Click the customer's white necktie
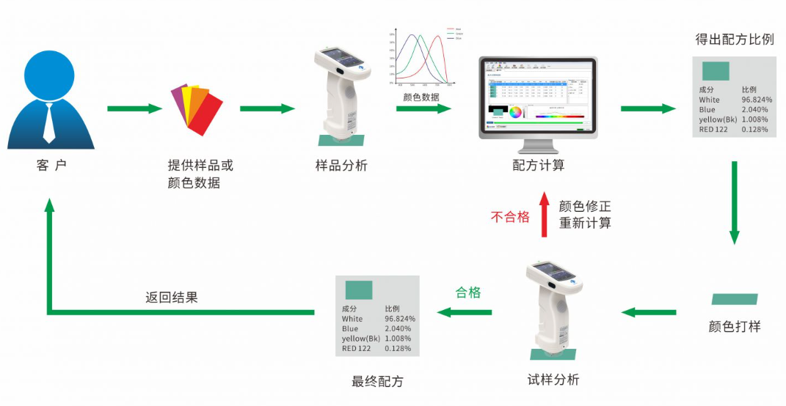point(49,123)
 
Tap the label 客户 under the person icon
point(51,166)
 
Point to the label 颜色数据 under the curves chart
point(421,97)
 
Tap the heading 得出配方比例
point(735,40)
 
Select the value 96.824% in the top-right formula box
point(757,100)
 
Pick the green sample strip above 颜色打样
point(735,299)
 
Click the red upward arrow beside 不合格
point(544,215)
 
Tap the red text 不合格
point(510,217)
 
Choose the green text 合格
point(468,292)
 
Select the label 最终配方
point(377,381)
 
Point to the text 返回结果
point(172,298)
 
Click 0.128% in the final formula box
point(399,349)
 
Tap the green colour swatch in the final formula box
point(359,289)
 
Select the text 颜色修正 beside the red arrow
point(585,207)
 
